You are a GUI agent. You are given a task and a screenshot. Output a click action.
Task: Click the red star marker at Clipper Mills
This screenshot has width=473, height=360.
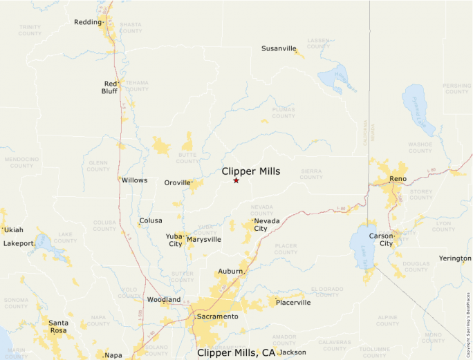click(x=236, y=180)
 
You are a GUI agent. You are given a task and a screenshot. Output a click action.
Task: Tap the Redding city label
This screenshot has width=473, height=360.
click(x=88, y=22)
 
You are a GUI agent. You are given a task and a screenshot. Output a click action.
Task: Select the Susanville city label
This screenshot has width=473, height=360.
click(x=279, y=48)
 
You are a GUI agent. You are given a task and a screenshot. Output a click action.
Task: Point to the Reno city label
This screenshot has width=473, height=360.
click(x=398, y=179)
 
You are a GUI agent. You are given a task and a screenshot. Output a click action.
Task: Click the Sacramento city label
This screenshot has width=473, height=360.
click(x=217, y=316)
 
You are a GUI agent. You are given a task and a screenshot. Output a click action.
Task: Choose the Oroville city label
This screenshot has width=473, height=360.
click(x=176, y=182)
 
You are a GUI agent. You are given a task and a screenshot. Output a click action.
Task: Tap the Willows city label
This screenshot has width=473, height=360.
click(x=134, y=180)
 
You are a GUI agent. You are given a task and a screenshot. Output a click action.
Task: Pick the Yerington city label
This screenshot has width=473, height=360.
click(x=454, y=258)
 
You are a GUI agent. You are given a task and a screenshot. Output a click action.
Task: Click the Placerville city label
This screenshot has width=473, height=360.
click(x=293, y=302)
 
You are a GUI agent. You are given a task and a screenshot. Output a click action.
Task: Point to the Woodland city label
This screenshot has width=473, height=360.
click(x=164, y=299)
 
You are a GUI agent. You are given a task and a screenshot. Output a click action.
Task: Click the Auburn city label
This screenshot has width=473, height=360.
click(x=230, y=272)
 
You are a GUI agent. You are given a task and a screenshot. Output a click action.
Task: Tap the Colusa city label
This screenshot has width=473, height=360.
click(x=151, y=220)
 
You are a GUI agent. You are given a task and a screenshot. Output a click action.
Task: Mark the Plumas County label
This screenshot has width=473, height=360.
click(x=284, y=113)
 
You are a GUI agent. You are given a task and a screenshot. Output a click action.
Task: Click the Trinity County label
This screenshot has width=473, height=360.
click(x=30, y=30)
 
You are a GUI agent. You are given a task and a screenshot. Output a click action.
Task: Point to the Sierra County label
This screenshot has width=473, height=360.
click(x=311, y=173)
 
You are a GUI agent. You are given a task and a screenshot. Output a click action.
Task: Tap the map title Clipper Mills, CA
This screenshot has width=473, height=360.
click(x=236, y=352)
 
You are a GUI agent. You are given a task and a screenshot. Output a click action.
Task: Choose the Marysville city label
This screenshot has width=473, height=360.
click(x=204, y=239)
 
